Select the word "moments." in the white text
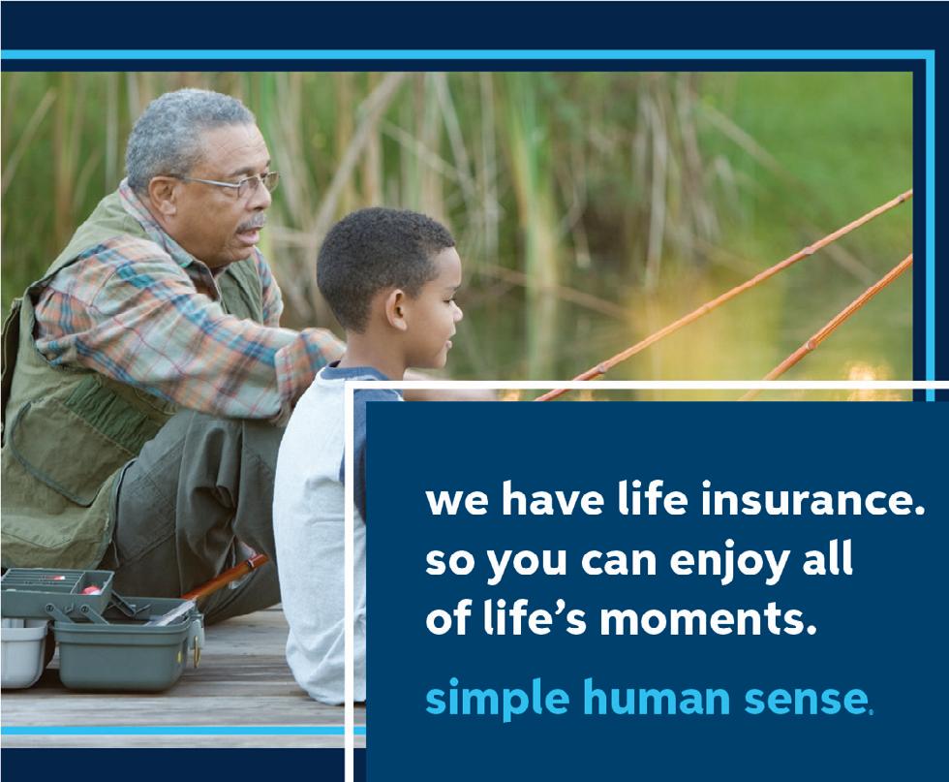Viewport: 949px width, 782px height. click(x=704, y=619)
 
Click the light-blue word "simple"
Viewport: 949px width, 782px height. click(x=497, y=700)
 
